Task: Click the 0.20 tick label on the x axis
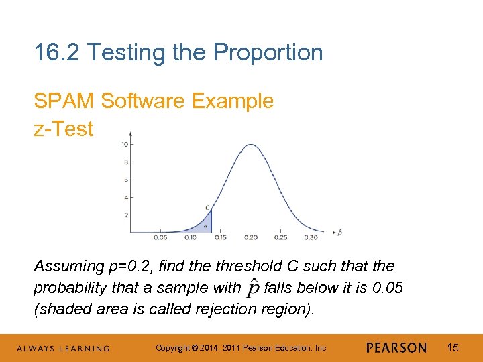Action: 251,237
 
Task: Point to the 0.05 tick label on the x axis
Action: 161,237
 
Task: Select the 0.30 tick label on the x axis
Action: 310,237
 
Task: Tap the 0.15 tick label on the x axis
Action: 221,237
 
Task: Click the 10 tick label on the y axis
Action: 125,145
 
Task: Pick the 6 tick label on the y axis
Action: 126,180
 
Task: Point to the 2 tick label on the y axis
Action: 126,215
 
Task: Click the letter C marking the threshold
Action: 208,207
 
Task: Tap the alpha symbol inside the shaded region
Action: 205,226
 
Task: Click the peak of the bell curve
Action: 251,142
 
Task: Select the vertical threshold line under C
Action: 211,221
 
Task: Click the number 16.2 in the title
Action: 58,52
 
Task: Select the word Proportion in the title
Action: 277,52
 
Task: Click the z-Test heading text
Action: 64,129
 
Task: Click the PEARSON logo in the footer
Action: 396,347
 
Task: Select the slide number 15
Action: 453,347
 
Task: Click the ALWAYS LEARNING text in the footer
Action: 63,348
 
